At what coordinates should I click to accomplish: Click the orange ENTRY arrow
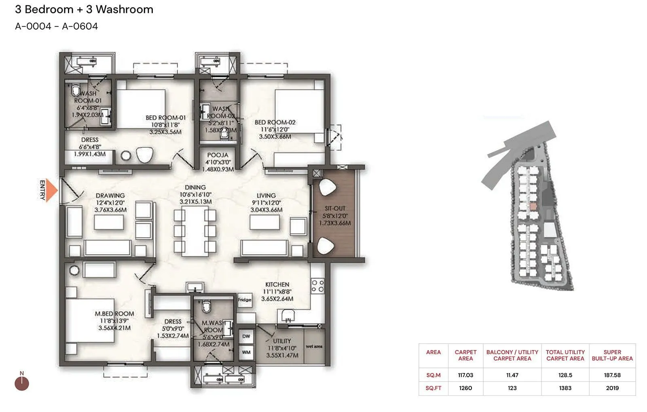point(51,190)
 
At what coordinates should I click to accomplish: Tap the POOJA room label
point(218,155)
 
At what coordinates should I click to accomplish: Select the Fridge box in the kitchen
point(245,300)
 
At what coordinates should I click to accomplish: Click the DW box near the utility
point(246,336)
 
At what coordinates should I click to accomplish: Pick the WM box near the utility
point(246,352)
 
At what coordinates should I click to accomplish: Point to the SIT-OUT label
point(335,208)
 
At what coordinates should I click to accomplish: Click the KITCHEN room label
point(277,285)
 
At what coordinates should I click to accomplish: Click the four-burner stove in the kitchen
point(317,286)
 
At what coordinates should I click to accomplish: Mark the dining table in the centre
point(195,231)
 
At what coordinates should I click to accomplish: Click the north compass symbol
point(22,383)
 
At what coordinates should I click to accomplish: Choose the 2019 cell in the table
point(612,388)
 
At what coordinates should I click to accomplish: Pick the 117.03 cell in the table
point(465,375)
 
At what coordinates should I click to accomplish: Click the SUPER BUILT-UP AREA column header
point(612,355)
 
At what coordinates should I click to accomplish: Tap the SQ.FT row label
point(433,388)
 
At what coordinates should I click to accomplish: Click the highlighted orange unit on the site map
point(533,206)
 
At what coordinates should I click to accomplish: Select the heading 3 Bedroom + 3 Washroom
point(84,9)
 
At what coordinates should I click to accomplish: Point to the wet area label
point(314,346)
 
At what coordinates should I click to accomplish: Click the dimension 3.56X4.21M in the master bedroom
point(114,328)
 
